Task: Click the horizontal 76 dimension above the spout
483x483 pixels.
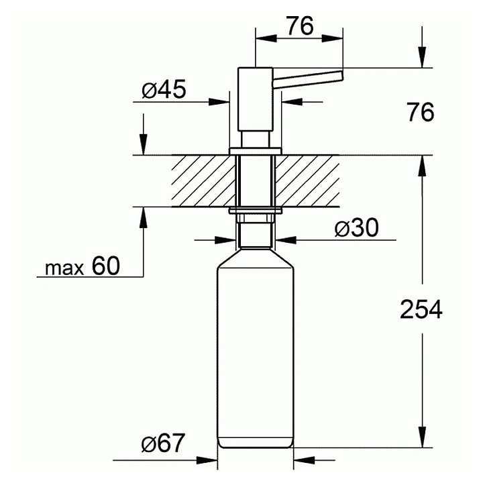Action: [x=300, y=26]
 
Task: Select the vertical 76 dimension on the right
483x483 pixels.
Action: [x=421, y=112]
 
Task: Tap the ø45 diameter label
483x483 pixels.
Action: [x=164, y=89]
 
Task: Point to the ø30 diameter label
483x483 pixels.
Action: [x=356, y=228]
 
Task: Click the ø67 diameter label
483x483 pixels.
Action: [x=163, y=443]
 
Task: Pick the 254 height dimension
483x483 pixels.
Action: [x=421, y=309]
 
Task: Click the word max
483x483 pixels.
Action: [x=64, y=268]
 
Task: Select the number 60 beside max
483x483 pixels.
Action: [x=106, y=266]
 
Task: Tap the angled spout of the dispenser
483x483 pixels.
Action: [x=308, y=79]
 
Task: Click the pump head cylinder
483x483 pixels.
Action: [x=256, y=99]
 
